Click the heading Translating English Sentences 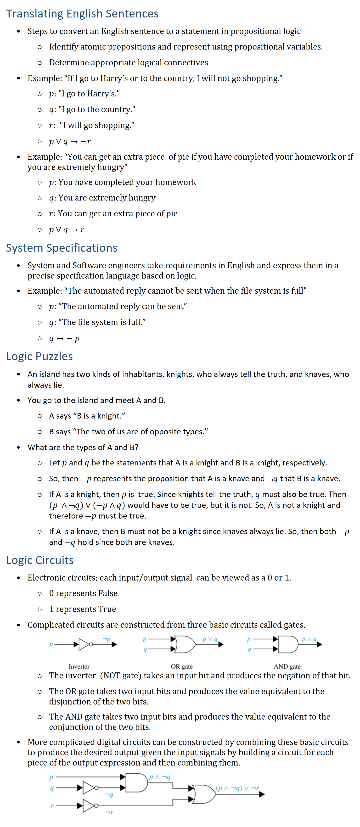(x=82, y=14)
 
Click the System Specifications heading (x=62, y=248)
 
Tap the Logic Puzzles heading (x=39, y=356)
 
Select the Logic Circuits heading (x=40, y=560)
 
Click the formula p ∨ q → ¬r (x=70, y=141)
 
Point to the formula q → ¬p (x=64, y=338)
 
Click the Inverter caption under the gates (x=79, y=666)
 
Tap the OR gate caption (x=181, y=666)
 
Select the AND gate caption (x=287, y=666)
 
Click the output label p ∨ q (x=210, y=639)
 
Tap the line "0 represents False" (x=83, y=593)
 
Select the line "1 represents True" (x=83, y=609)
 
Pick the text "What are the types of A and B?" (x=83, y=447)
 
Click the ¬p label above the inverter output (x=107, y=639)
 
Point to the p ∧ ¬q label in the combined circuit (x=160, y=777)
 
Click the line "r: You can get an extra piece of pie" (x=113, y=213)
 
